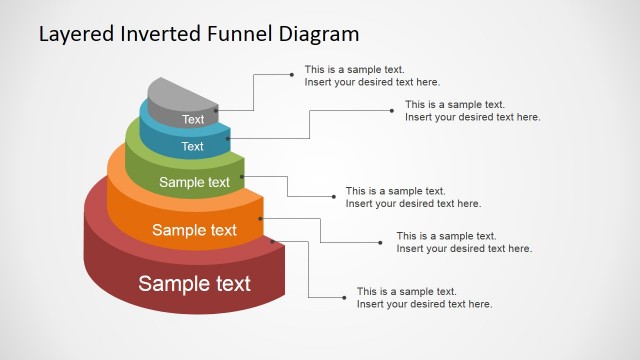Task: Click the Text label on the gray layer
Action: click(x=193, y=120)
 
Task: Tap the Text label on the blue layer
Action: click(x=192, y=146)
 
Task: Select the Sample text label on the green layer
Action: click(x=194, y=182)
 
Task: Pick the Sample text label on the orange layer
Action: click(x=194, y=230)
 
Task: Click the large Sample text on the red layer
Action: click(x=194, y=283)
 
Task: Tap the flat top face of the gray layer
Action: click(x=180, y=93)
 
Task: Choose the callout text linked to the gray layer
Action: click(x=372, y=76)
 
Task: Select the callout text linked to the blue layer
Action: click(x=472, y=111)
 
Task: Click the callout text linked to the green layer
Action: click(x=413, y=197)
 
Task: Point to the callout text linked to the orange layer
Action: click(x=464, y=242)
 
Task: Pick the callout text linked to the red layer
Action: click(x=424, y=298)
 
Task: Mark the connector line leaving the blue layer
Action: click(x=310, y=124)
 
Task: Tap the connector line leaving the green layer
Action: click(x=288, y=187)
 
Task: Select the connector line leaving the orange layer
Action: click(x=320, y=229)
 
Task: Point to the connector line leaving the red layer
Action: click(x=308, y=270)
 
